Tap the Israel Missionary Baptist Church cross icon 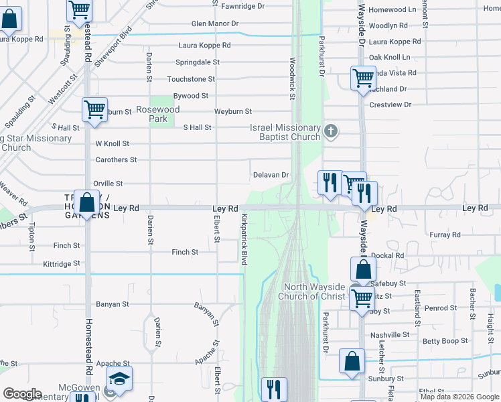pos(330,131)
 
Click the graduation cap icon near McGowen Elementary pos(119,380)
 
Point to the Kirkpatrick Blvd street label pos(244,239)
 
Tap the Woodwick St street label pos(293,78)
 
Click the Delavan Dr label pos(271,175)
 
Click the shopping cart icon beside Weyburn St pos(94,109)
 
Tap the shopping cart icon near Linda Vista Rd pos(363,77)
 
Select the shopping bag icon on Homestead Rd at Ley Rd pos(86,201)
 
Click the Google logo pos(22,394)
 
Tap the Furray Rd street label pos(445,234)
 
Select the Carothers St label pos(116,159)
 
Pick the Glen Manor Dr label pos(214,23)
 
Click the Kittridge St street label pos(61,264)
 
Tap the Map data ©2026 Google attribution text pos(459,397)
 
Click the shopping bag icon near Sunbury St pos(352,361)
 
